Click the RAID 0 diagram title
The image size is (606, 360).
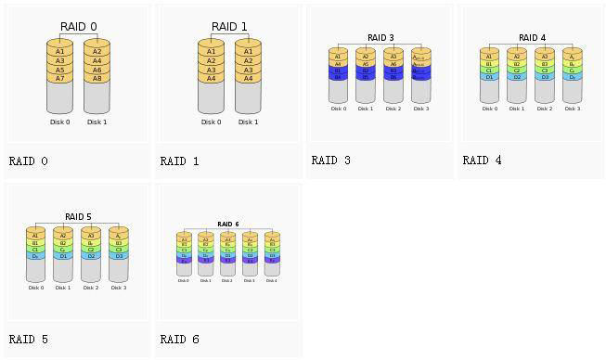click(78, 27)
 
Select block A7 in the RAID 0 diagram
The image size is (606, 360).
click(59, 79)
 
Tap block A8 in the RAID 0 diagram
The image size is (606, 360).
click(97, 79)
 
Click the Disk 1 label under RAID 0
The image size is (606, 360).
click(97, 122)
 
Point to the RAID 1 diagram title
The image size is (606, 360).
click(229, 27)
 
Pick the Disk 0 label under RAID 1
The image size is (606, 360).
click(211, 122)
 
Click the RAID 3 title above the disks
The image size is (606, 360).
click(380, 38)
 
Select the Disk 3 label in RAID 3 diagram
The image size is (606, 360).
click(421, 109)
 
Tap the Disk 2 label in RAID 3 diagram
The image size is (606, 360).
click(393, 109)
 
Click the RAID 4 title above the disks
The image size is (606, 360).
click(532, 38)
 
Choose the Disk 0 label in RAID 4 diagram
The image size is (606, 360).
click(489, 109)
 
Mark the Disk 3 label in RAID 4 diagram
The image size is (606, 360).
click(573, 109)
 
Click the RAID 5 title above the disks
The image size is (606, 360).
click(78, 217)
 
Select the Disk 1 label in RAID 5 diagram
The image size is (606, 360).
click(63, 288)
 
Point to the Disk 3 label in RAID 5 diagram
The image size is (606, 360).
click(119, 288)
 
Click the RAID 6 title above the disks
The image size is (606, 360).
click(228, 225)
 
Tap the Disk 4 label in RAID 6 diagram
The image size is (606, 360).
click(272, 280)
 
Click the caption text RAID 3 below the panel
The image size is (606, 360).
click(330, 161)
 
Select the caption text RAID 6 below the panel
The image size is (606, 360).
click(179, 340)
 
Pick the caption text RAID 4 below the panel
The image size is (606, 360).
click(482, 161)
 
